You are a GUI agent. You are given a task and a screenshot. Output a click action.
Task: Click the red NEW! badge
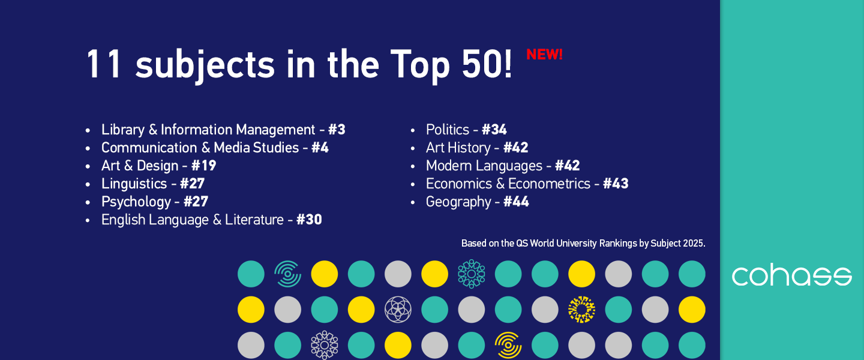click(x=544, y=55)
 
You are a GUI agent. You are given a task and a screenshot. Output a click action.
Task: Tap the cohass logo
click(x=791, y=276)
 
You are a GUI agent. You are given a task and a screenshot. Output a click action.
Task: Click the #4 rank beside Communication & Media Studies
click(x=320, y=148)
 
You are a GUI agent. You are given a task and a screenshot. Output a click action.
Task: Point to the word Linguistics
click(x=134, y=184)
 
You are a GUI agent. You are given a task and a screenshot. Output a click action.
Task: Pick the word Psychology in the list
click(x=136, y=202)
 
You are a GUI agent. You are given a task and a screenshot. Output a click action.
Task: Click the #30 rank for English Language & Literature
click(x=309, y=220)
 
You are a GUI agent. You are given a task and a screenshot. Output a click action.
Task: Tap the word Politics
click(x=447, y=130)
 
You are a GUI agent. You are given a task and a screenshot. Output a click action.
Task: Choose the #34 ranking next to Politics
click(x=494, y=130)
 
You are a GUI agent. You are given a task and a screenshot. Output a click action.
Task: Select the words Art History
click(x=458, y=148)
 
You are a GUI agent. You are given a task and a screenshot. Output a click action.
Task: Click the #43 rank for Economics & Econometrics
click(x=616, y=184)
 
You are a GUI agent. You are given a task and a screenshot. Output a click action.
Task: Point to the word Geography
click(x=458, y=202)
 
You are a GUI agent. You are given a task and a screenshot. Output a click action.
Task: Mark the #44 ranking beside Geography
click(x=516, y=202)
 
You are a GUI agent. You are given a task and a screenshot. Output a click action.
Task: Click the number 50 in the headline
click(x=478, y=64)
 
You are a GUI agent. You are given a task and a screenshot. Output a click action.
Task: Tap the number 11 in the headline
click(x=104, y=64)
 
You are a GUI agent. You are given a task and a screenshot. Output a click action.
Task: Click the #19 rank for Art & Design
click(x=203, y=166)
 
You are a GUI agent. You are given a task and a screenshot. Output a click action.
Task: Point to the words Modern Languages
click(x=484, y=166)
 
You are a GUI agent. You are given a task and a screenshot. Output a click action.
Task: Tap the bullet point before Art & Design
click(x=88, y=166)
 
